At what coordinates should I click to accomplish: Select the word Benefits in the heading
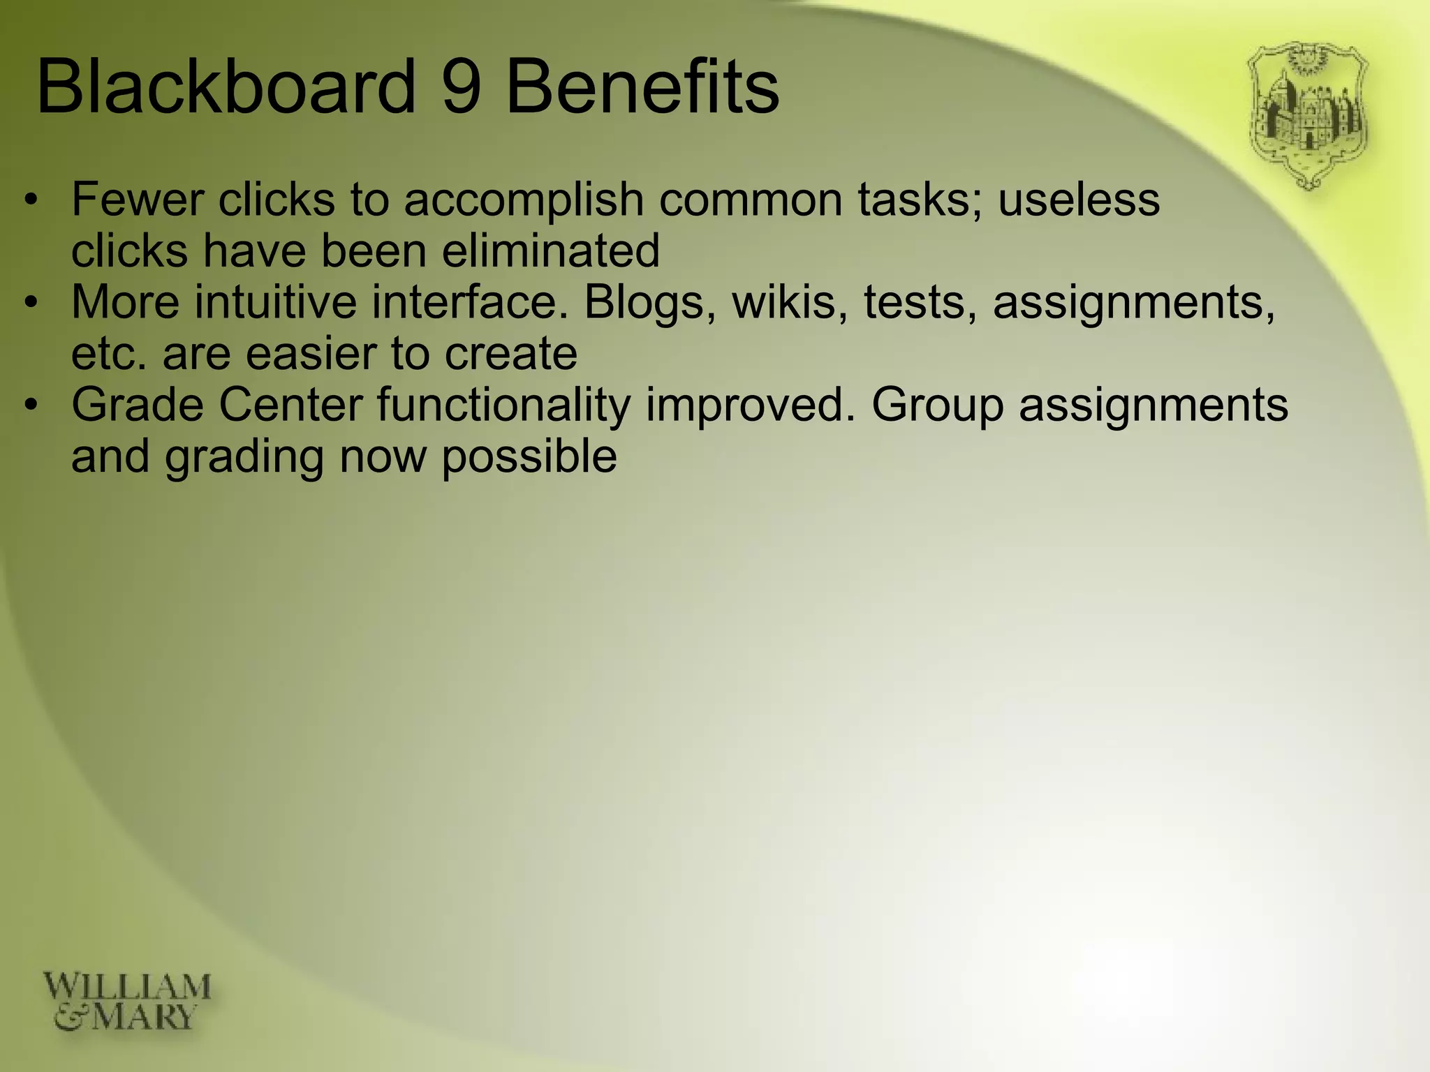pyautogui.click(x=641, y=88)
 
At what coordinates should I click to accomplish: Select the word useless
pyautogui.click(x=1079, y=200)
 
